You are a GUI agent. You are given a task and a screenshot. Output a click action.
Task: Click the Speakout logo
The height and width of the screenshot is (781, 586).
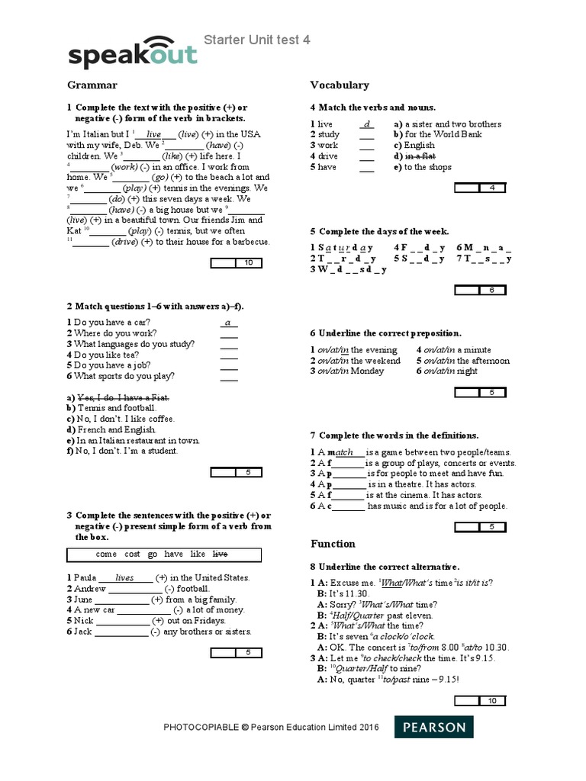tap(132, 51)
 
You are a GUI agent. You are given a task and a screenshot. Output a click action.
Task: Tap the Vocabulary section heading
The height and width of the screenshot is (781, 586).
tap(340, 85)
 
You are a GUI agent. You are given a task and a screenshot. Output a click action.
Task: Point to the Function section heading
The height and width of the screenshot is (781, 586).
tap(333, 544)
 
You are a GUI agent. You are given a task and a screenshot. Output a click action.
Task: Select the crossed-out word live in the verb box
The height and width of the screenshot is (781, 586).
tap(220, 554)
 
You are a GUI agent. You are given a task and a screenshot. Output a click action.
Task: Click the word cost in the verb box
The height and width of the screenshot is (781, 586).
tap(133, 554)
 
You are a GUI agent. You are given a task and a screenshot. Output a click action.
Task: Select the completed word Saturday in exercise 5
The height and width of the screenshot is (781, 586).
tap(342, 247)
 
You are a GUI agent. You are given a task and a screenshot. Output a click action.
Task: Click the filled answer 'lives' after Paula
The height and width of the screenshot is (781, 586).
tap(124, 578)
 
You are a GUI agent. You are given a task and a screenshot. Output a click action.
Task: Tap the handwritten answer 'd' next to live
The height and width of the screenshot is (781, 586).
tap(367, 124)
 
